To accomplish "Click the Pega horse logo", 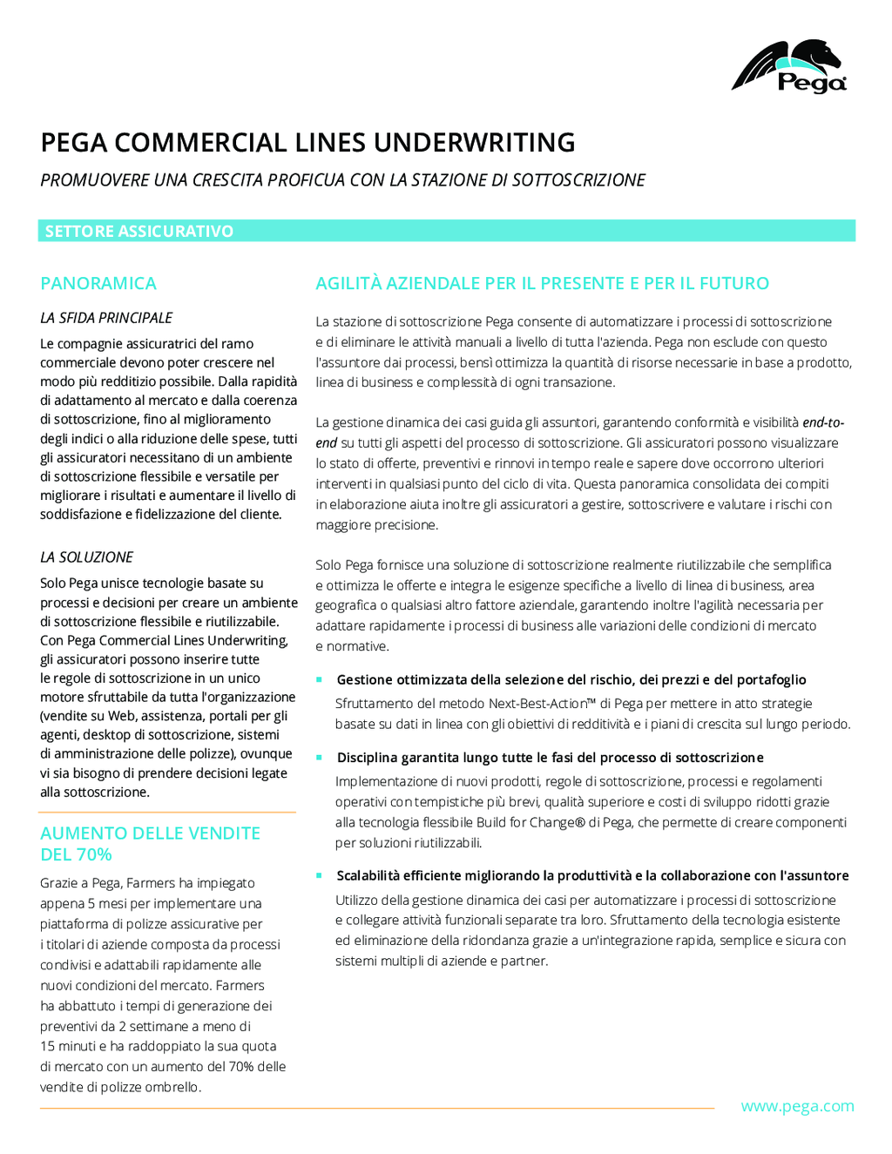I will click(x=788, y=66).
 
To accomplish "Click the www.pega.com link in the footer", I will click(x=797, y=1106).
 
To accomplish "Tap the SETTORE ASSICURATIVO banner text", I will click(x=139, y=231).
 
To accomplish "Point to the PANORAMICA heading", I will click(x=98, y=283).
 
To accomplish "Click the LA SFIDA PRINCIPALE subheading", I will click(x=106, y=318).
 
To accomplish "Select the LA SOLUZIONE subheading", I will click(x=87, y=557).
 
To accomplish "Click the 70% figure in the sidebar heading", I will click(x=93, y=854).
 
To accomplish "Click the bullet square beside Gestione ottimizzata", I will click(x=320, y=679).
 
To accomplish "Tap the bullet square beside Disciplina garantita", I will click(x=320, y=758).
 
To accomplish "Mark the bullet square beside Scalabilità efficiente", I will click(x=320, y=875).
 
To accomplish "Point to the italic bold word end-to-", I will click(x=823, y=422).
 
